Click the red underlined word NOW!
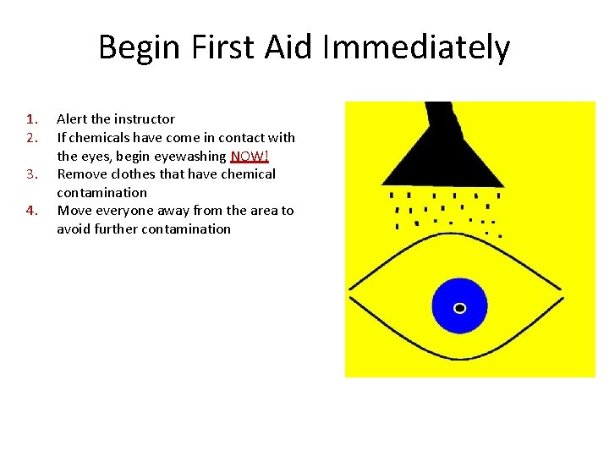pyautogui.click(x=250, y=156)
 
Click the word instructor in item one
pyautogui.click(x=145, y=118)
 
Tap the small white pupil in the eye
pyautogui.click(x=459, y=307)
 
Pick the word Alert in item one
pyautogui.click(x=73, y=118)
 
